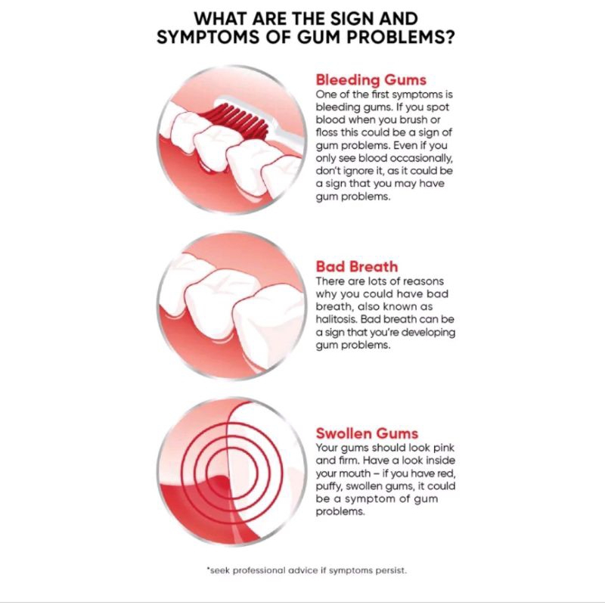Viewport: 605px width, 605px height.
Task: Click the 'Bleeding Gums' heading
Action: click(x=371, y=80)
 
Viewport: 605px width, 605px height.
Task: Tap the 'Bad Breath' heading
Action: click(x=356, y=267)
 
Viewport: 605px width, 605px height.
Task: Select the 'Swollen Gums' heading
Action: click(x=367, y=433)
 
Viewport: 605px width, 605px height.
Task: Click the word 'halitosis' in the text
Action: click(x=336, y=319)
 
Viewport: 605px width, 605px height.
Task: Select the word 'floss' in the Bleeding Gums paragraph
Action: click(x=326, y=132)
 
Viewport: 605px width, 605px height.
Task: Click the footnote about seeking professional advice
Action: click(x=307, y=570)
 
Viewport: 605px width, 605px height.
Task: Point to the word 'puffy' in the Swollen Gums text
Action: click(x=329, y=486)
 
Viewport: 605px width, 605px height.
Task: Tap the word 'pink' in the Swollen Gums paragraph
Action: click(x=444, y=448)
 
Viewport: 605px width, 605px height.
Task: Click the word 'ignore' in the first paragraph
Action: click(x=352, y=172)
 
